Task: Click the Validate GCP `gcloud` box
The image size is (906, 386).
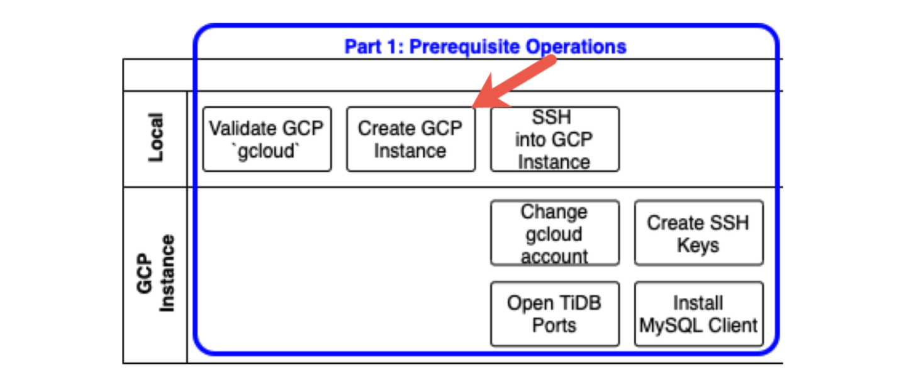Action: point(267,139)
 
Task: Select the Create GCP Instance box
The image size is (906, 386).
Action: point(410,139)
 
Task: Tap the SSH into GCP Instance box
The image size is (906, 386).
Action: point(554,139)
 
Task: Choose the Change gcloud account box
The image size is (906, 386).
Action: point(554,233)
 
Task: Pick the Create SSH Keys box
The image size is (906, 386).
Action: point(698,233)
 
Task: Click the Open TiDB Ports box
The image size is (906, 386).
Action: point(554,314)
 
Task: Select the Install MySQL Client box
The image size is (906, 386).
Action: point(698,314)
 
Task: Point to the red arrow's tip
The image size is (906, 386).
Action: point(474,107)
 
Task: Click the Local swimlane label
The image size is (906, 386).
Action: point(155,137)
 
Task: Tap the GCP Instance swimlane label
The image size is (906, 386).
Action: point(155,274)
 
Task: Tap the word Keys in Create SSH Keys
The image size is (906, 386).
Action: point(698,244)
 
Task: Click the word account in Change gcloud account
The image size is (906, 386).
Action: point(554,256)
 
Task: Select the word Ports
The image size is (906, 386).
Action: point(554,325)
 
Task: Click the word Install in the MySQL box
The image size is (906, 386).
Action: point(698,303)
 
